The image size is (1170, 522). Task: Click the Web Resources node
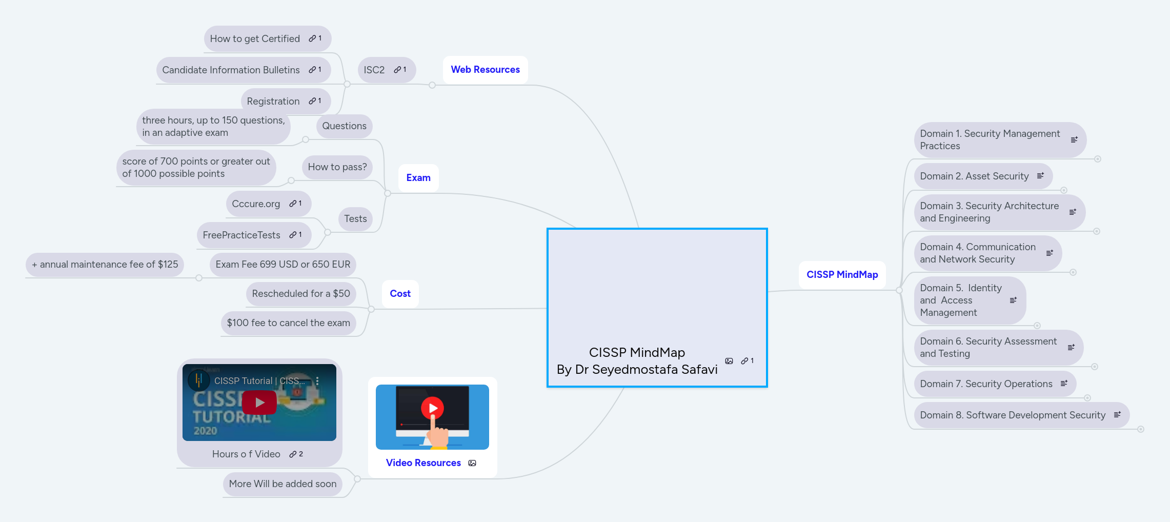tap(485, 70)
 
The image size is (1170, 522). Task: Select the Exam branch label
tap(418, 178)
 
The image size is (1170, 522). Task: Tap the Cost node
tap(400, 294)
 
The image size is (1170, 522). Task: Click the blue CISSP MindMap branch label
tap(842, 275)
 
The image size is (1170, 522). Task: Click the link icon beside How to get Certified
tap(312, 38)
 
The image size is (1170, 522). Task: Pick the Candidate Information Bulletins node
tap(231, 70)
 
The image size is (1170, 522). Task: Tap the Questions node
tap(344, 126)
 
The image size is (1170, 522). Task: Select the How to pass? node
tap(337, 167)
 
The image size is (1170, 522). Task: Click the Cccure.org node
tap(256, 204)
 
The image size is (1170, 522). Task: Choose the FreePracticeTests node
tap(241, 235)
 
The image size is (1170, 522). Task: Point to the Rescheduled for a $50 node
tap(300, 294)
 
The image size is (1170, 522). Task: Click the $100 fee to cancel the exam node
tap(288, 323)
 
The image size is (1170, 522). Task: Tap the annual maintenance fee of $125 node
tap(105, 265)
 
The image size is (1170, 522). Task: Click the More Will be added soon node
tap(283, 484)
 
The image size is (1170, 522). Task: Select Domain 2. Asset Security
tap(974, 176)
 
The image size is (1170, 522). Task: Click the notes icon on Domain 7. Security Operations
tap(1064, 384)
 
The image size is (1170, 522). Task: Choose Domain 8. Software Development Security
tap(1013, 415)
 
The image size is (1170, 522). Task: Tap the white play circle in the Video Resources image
tap(432, 408)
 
